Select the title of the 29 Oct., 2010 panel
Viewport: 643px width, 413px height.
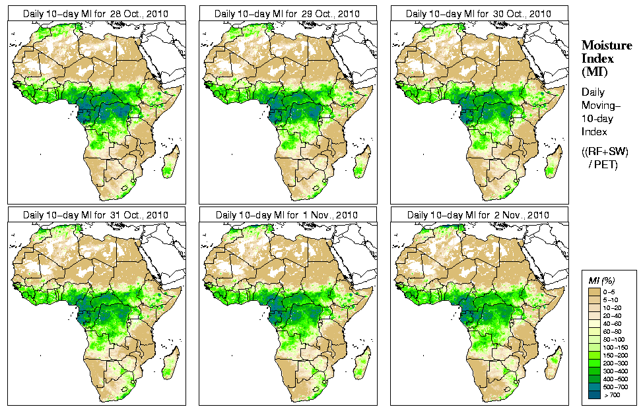(x=287, y=14)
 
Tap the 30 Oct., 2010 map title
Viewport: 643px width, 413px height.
(x=478, y=14)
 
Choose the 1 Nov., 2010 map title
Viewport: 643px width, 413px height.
(x=287, y=215)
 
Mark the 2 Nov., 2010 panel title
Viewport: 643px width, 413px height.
(x=478, y=215)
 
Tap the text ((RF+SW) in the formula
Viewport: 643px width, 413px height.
(x=605, y=152)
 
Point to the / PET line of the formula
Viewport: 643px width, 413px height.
(x=603, y=164)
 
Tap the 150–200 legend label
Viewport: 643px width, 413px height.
(x=620, y=354)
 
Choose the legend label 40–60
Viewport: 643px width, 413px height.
(x=620, y=322)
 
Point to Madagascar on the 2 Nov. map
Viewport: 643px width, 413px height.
(x=553, y=363)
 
